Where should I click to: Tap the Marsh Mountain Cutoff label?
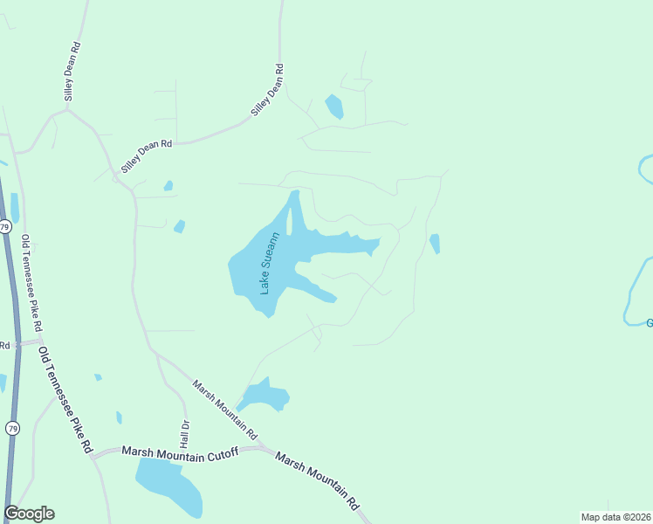(x=180, y=451)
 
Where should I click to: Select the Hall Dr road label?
(x=185, y=433)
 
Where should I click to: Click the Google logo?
(x=29, y=514)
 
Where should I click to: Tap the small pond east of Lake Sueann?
(x=435, y=244)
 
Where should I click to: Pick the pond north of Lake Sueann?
(x=333, y=107)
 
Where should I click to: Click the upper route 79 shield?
(x=5, y=227)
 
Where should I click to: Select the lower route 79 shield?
(x=12, y=428)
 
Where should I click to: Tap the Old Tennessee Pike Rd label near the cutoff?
(x=65, y=399)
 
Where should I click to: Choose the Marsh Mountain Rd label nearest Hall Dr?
(x=225, y=409)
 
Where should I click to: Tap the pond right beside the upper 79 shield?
(x=15, y=208)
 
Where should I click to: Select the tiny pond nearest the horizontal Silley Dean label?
(x=168, y=185)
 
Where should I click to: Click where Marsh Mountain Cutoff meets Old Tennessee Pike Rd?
(x=93, y=454)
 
